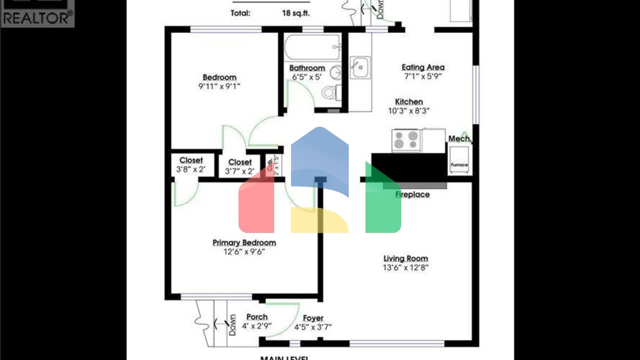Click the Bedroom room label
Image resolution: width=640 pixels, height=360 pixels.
(220, 77)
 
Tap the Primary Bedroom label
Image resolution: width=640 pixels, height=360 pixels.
(244, 242)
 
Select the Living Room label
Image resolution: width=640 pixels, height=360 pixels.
(405, 259)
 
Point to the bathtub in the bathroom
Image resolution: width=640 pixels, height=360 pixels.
(312, 47)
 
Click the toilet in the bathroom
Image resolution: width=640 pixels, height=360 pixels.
(331, 92)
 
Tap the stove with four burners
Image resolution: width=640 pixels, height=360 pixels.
(406, 140)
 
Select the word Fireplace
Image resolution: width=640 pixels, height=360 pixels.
(412, 195)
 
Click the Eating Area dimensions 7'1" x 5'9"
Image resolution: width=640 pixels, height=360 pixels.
(423, 76)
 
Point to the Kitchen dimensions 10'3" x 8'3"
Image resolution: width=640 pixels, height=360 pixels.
(409, 111)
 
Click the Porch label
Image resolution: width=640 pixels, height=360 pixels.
(257, 317)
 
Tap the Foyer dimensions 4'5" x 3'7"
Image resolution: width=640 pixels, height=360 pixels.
(313, 327)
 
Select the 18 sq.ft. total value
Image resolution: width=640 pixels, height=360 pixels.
(295, 13)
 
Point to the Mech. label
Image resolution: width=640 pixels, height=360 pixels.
(460, 139)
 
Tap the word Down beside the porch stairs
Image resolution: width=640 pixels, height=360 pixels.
(232, 325)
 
